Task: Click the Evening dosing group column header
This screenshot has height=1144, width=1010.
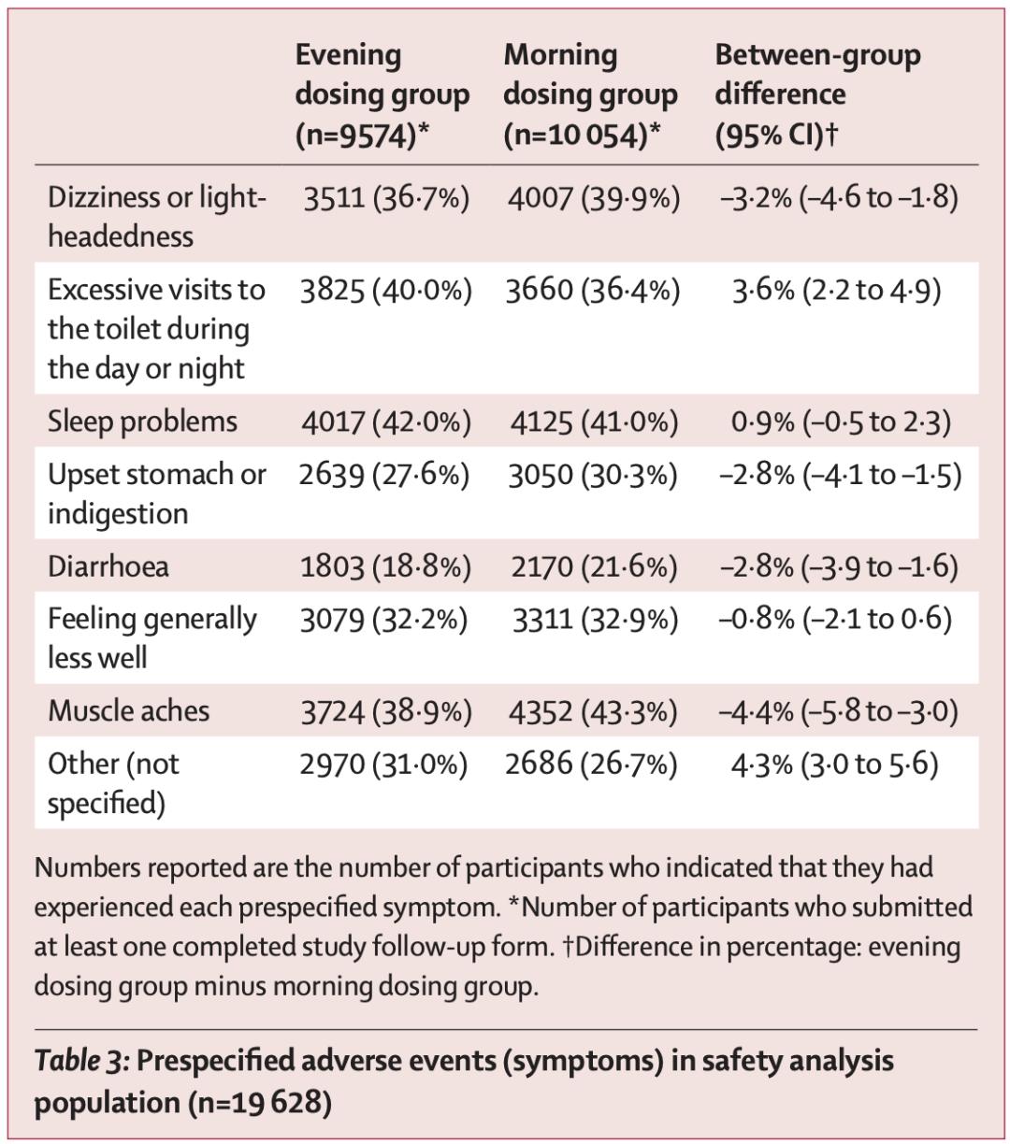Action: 382,94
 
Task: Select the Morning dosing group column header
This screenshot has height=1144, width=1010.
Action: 590,94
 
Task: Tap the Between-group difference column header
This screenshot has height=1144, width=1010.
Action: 817,94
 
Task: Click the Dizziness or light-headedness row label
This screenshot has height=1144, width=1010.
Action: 157,216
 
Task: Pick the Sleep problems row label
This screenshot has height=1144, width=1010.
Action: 142,421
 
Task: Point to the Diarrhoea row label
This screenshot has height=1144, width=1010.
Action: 108,566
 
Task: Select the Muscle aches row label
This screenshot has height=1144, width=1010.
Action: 129,711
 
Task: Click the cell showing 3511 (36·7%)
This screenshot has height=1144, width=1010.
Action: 385,198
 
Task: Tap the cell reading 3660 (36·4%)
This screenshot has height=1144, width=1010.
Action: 593,290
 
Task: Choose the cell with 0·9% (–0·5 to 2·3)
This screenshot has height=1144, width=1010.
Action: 841,422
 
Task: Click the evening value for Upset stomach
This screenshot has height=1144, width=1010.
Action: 384,475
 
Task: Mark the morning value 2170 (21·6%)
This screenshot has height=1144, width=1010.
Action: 594,566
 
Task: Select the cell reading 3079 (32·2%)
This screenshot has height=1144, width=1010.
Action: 383,620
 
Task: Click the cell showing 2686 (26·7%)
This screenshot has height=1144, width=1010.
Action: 591,765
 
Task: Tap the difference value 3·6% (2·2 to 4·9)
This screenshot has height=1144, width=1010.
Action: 836,290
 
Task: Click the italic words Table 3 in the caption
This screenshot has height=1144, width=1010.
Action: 80,1061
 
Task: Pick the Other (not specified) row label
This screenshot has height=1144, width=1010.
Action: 113,783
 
